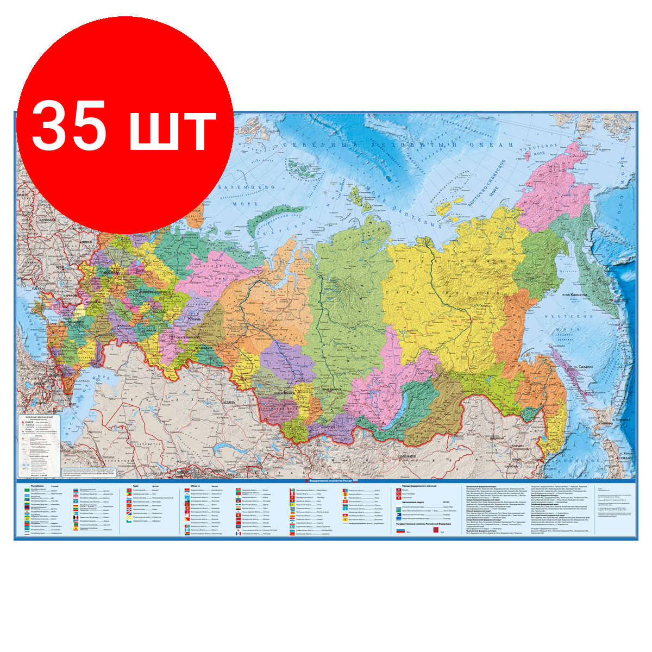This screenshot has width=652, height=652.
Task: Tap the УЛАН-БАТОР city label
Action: [413, 457]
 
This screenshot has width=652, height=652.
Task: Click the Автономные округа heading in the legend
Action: [413, 502]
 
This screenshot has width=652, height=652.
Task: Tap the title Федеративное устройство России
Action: [329, 482]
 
